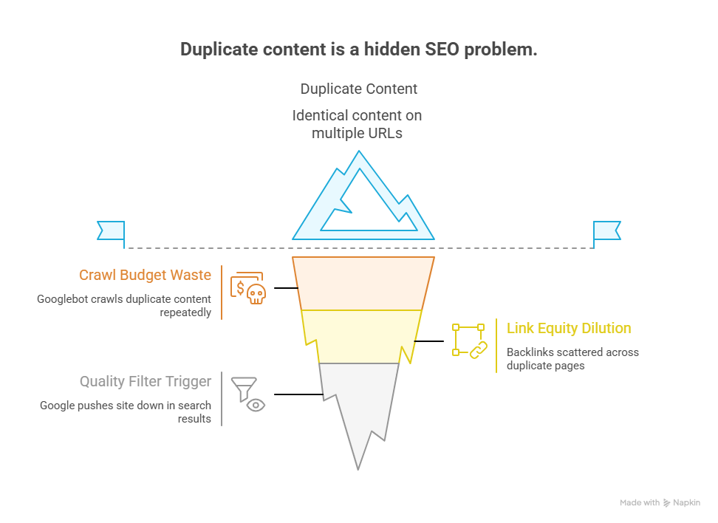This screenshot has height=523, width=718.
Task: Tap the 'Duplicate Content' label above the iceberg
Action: [x=358, y=89]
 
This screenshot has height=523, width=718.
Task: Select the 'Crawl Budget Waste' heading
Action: [x=145, y=275]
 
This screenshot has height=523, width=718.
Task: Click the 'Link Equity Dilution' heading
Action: [x=568, y=328]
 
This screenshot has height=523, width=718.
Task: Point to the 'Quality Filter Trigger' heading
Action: [x=146, y=381]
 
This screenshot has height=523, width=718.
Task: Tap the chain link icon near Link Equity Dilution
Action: [x=477, y=349]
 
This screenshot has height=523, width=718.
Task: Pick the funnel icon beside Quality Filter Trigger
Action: [x=243, y=388]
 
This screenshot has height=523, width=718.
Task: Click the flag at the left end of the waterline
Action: [x=111, y=230]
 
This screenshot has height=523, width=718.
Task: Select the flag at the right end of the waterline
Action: [x=607, y=230]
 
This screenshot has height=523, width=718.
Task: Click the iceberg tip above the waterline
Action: [x=362, y=199]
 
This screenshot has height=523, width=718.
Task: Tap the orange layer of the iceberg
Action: [x=363, y=283]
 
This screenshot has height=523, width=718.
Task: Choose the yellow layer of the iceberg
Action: [x=361, y=336]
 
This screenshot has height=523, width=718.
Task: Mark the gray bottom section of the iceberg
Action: [x=359, y=406]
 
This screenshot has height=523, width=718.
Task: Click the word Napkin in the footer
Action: [x=687, y=503]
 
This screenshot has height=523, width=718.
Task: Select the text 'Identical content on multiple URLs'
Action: [x=358, y=124]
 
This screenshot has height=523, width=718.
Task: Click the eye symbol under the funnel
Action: [x=256, y=405]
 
